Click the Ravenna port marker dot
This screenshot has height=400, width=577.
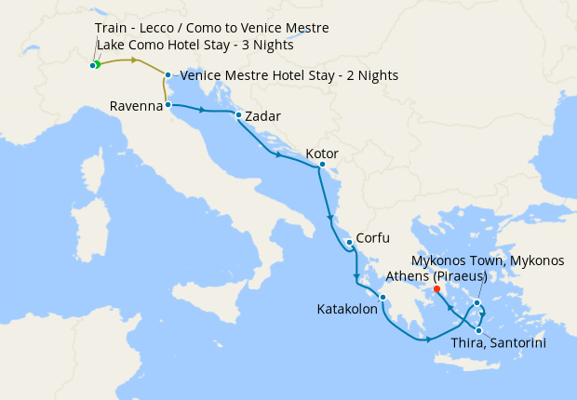tap(168, 106)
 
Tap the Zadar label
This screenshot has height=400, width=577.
tap(263, 116)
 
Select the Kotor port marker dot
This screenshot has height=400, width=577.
tap(322, 166)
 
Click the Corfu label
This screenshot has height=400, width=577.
tap(372, 238)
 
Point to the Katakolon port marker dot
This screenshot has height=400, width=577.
tap(382, 298)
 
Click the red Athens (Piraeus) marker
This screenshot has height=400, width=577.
tap(437, 288)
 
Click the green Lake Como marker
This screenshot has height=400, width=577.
tap(96, 65)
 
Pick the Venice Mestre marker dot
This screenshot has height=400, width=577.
tap(168, 75)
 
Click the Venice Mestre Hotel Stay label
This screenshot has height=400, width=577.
tap(288, 75)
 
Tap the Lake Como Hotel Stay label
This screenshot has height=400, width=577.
tap(195, 46)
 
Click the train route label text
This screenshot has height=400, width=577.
tap(211, 29)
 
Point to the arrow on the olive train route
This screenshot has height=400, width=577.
tap(136, 60)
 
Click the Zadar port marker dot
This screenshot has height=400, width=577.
tap(239, 116)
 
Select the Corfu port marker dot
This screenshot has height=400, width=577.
tap(349, 243)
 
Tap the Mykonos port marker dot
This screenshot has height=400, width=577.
tap(476, 303)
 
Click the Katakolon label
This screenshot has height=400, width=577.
tap(345, 310)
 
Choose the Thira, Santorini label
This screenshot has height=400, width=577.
tap(497, 343)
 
